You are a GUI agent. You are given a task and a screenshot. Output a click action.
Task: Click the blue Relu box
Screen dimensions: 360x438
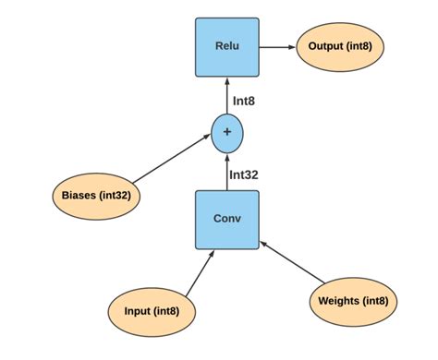coord(227,46)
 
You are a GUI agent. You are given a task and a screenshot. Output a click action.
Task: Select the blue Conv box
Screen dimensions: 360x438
coord(227,220)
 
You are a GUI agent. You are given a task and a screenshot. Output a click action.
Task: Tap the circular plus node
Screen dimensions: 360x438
coord(227,133)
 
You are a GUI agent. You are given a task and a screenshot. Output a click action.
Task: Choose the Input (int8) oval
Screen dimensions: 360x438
coord(151,311)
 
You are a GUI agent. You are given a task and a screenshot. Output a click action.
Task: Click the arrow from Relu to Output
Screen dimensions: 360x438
coord(276,46)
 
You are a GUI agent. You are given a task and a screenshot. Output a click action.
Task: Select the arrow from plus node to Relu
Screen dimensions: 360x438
coord(227,96)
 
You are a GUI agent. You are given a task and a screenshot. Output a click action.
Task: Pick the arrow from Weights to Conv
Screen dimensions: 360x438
coord(295,263)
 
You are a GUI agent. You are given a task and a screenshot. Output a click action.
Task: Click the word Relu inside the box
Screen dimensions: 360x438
coord(227,46)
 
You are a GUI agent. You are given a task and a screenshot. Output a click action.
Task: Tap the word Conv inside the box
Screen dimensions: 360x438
coord(227,220)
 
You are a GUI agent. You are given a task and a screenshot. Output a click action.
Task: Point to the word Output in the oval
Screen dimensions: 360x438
coord(323,46)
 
